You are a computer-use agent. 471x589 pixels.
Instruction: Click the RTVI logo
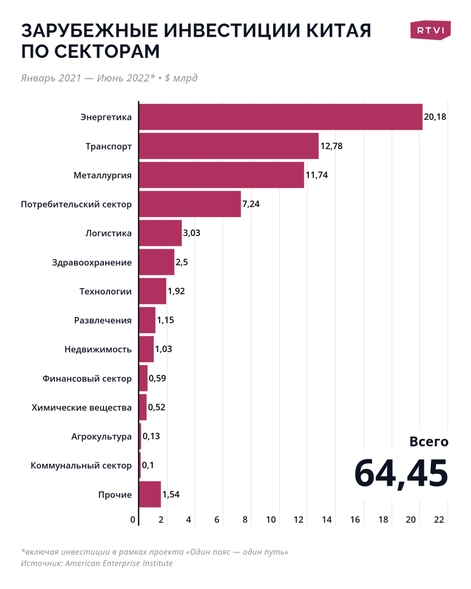pos(430,30)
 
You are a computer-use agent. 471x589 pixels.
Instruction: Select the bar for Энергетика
pos(281,117)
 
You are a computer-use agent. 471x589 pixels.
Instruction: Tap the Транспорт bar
pos(229,146)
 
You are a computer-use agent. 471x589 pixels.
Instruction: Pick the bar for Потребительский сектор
pos(190,204)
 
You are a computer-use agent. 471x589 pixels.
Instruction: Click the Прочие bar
pos(150,494)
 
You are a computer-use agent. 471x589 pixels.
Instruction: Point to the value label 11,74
pos(316,175)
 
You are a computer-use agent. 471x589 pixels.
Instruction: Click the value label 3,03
pos(191,233)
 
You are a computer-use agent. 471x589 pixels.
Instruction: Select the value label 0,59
pos(157,378)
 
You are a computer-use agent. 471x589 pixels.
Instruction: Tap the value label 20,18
pos(435,117)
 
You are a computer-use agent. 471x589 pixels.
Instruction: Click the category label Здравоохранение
pos(92,262)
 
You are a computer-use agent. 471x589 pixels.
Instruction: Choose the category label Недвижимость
pos(98,349)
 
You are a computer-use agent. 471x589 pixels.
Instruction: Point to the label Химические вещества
pos(81,407)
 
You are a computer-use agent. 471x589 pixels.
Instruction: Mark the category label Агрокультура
pos(101,436)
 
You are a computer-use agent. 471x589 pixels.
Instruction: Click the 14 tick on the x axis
pos(327,520)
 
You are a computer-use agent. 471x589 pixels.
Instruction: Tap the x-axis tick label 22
pos(439,520)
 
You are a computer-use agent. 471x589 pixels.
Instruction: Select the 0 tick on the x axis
pos(133,520)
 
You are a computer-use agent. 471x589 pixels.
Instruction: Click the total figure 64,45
pos(401,473)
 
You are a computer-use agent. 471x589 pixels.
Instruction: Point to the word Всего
pos(429,441)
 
